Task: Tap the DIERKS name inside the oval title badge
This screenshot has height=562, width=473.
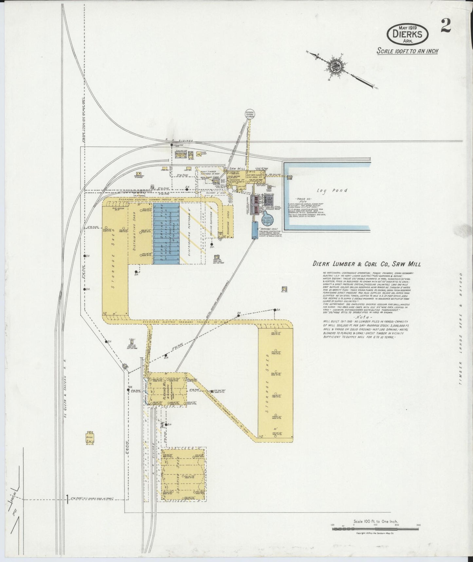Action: pyautogui.click(x=408, y=33)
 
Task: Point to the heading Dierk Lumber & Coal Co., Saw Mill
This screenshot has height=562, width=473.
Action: pyautogui.click(x=367, y=263)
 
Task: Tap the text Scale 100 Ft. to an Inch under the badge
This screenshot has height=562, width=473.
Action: pyautogui.click(x=407, y=51)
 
